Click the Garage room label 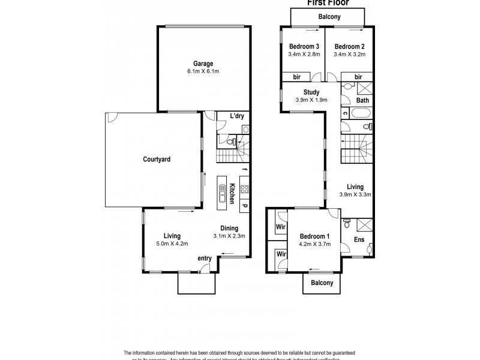[203, 64]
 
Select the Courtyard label [157, 160]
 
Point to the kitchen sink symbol [223, 193]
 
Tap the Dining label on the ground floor [229, 228]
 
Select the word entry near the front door [205, 259]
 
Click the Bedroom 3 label [304, 47]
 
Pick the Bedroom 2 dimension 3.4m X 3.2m [349, 55]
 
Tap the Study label [311, 92]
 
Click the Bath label [362, 101]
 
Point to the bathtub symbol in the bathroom [364, 127]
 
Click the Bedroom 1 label [314, 236]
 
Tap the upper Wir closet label [280, 227]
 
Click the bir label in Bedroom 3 [296, 77]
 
